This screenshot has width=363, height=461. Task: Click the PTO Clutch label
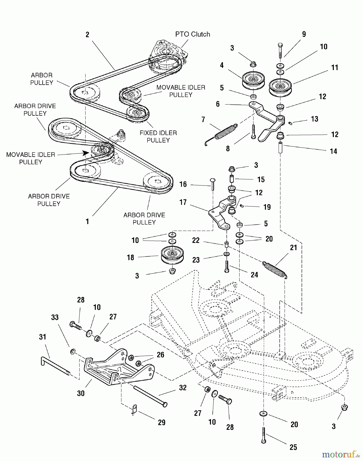coord(193,34)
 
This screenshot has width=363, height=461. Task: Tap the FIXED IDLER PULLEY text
coord(158,137)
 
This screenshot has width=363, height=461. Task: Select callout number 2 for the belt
coord(87,35)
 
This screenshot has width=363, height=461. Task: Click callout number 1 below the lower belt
coord(87,222)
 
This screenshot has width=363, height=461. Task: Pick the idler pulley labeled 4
coord(253,80)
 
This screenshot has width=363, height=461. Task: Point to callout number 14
coord(333,151)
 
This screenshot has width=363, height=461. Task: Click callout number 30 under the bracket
coord(81,393)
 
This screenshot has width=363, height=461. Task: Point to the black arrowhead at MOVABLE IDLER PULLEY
coord(85,153)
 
